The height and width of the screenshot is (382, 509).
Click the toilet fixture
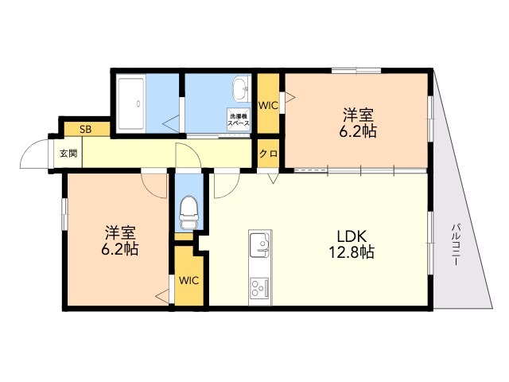pyautogui.click(x=188, y=212)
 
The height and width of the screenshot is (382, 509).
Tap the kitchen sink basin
pyautogui.click(x=259, y=244)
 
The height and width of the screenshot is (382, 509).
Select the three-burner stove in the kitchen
pyautogui.click(x=260, y=287)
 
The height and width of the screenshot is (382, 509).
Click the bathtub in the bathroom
pyautogui.click(x=131, y=103)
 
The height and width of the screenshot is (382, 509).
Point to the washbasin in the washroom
pyautogui.click(x=240, y=88)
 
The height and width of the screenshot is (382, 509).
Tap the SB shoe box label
pyautogui.click(x=86, y=130)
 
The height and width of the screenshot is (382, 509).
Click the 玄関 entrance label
pyautogui.click(x=69, y=153)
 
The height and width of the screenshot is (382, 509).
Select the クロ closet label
pyautogui.click(x=269, y=154)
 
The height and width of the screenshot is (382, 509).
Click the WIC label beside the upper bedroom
pyautogui.click(x=268, y=105)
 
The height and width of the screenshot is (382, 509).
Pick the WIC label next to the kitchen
pyautogui.click(x=188, y=280)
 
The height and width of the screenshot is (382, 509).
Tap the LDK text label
pyautogui.click(x=352, y=236)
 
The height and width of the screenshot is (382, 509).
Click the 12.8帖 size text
pyautogui.click(x=352, y=252)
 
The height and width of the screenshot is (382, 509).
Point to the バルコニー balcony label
pyautogui.click(x=457, y=244)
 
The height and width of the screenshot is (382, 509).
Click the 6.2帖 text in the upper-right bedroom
pyautogui.click(x=358, y=131)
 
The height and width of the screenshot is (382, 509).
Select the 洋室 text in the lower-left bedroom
pyautogui.click(x=120, y=233)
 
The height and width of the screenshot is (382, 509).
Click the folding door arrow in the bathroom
pyautogui.click(x=171, y=124)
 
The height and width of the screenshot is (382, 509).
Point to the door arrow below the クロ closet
pyautogui.click(x=274, y=178)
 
